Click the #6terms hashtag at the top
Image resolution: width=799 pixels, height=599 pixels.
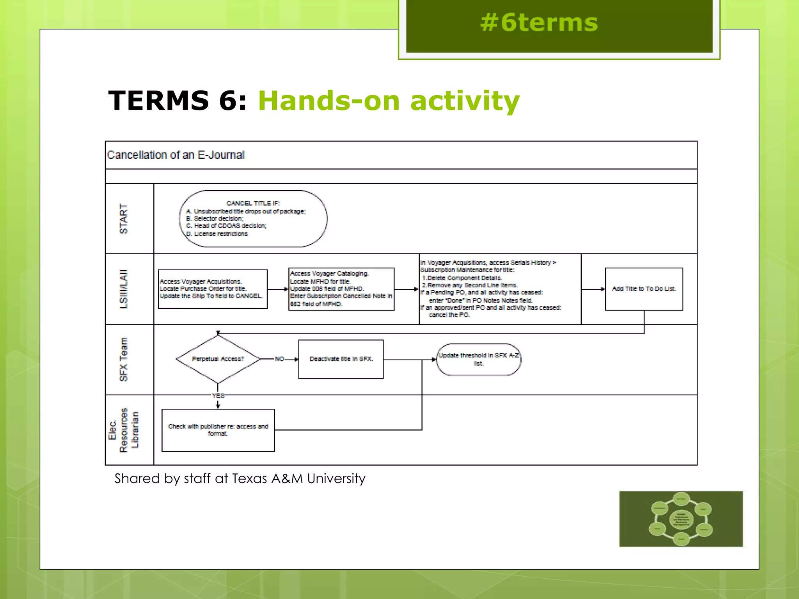tap(539, 23)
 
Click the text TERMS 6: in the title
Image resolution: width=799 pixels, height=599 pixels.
tap(178, 101)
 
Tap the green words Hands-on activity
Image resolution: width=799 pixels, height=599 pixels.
tap(389, 101)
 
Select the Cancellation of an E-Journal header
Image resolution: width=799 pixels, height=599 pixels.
tap(176, 155)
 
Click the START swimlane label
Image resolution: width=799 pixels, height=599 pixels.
tap(124, 218)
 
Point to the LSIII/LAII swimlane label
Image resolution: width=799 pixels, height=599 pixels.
tap(124, 289)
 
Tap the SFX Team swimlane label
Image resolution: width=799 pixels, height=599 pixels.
tap(124, 359)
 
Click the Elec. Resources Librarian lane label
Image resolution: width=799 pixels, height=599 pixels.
tap(124, 430)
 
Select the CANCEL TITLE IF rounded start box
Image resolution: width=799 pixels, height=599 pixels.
tap(253, 218)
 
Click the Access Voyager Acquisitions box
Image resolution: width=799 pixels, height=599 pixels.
tap(213, 289)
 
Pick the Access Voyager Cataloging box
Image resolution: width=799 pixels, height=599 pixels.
tap(341, 289)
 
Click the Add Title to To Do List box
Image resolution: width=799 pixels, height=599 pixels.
tap(644, 289)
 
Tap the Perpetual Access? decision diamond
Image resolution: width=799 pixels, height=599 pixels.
tap(218, 359)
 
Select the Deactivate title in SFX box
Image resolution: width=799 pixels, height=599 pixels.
tap(341, 359)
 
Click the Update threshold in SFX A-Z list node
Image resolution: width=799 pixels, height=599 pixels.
tap(478, 359)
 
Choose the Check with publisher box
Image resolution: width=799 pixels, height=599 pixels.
tap(218, 430)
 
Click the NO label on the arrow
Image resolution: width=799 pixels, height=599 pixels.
tap(279, 359)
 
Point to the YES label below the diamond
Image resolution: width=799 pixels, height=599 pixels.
tap(218, 396)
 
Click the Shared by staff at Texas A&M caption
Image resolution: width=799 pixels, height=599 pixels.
tap(240, 478)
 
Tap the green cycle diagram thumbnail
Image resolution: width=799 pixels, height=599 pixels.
tap(681, 519)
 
